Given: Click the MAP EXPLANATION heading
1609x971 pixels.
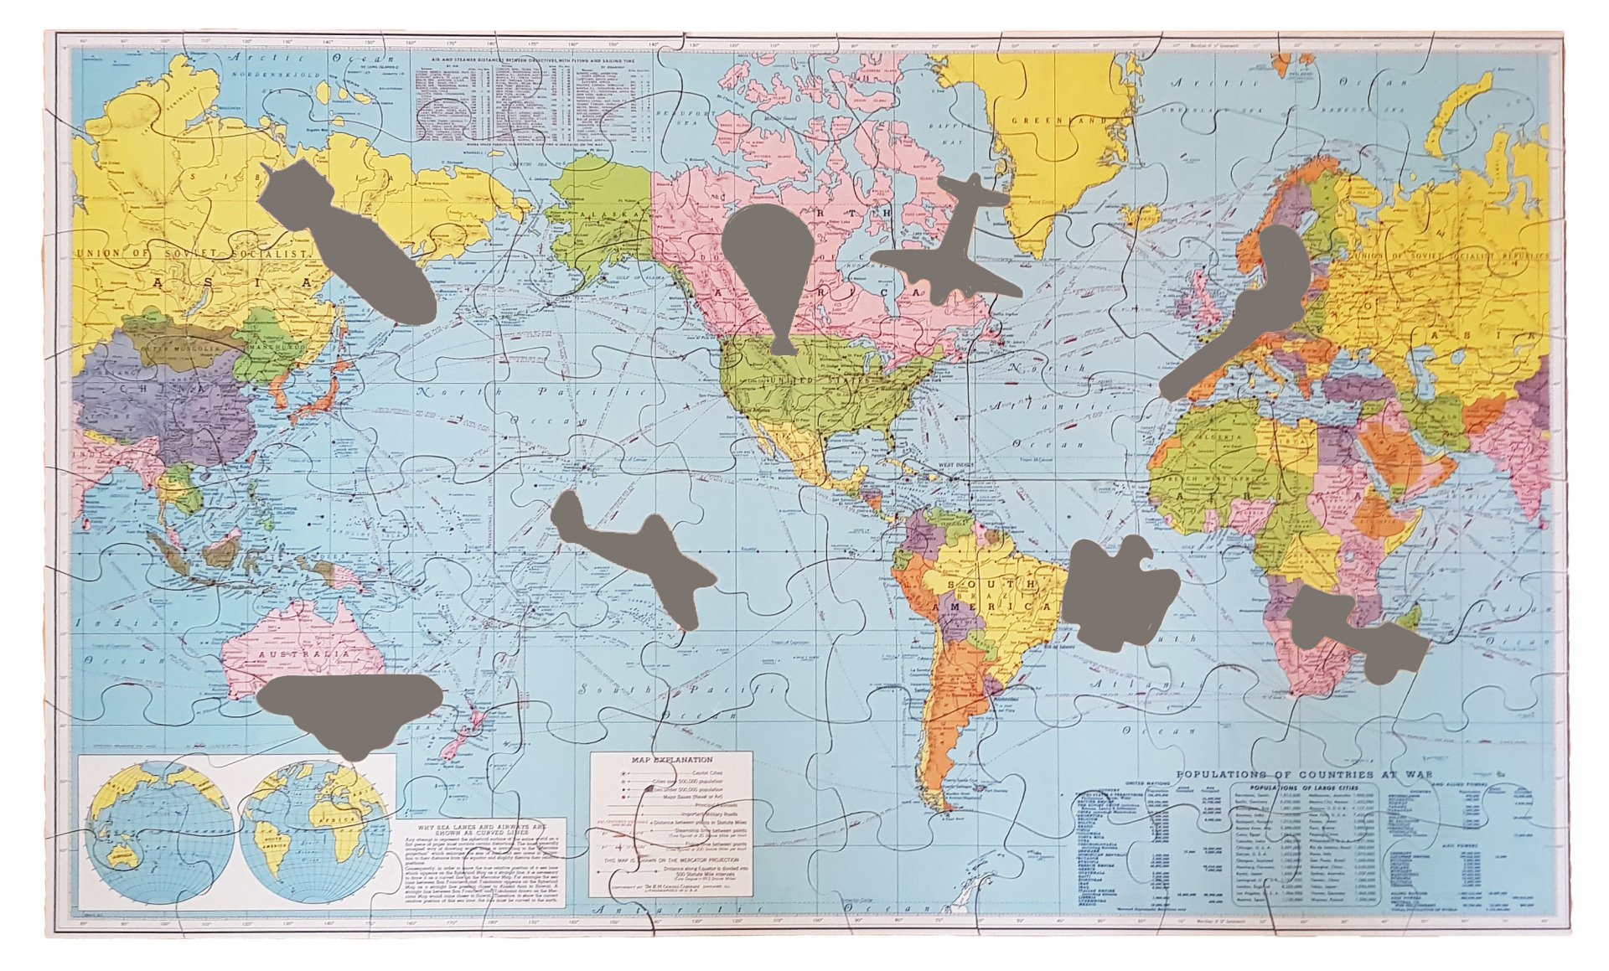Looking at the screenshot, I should pyautogui.click(x=670, y=761).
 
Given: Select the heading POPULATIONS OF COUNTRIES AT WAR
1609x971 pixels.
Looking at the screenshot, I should pyautogui.click(x=1304, y=775).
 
